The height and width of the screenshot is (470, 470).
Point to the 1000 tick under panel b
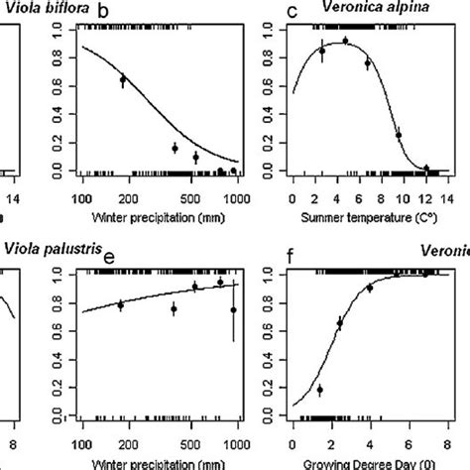pos(235,196)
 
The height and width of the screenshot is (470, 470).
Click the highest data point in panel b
pos(123,79)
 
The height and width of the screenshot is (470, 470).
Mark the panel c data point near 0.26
pos(400,135)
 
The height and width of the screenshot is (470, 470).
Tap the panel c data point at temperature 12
pos(427,169)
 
